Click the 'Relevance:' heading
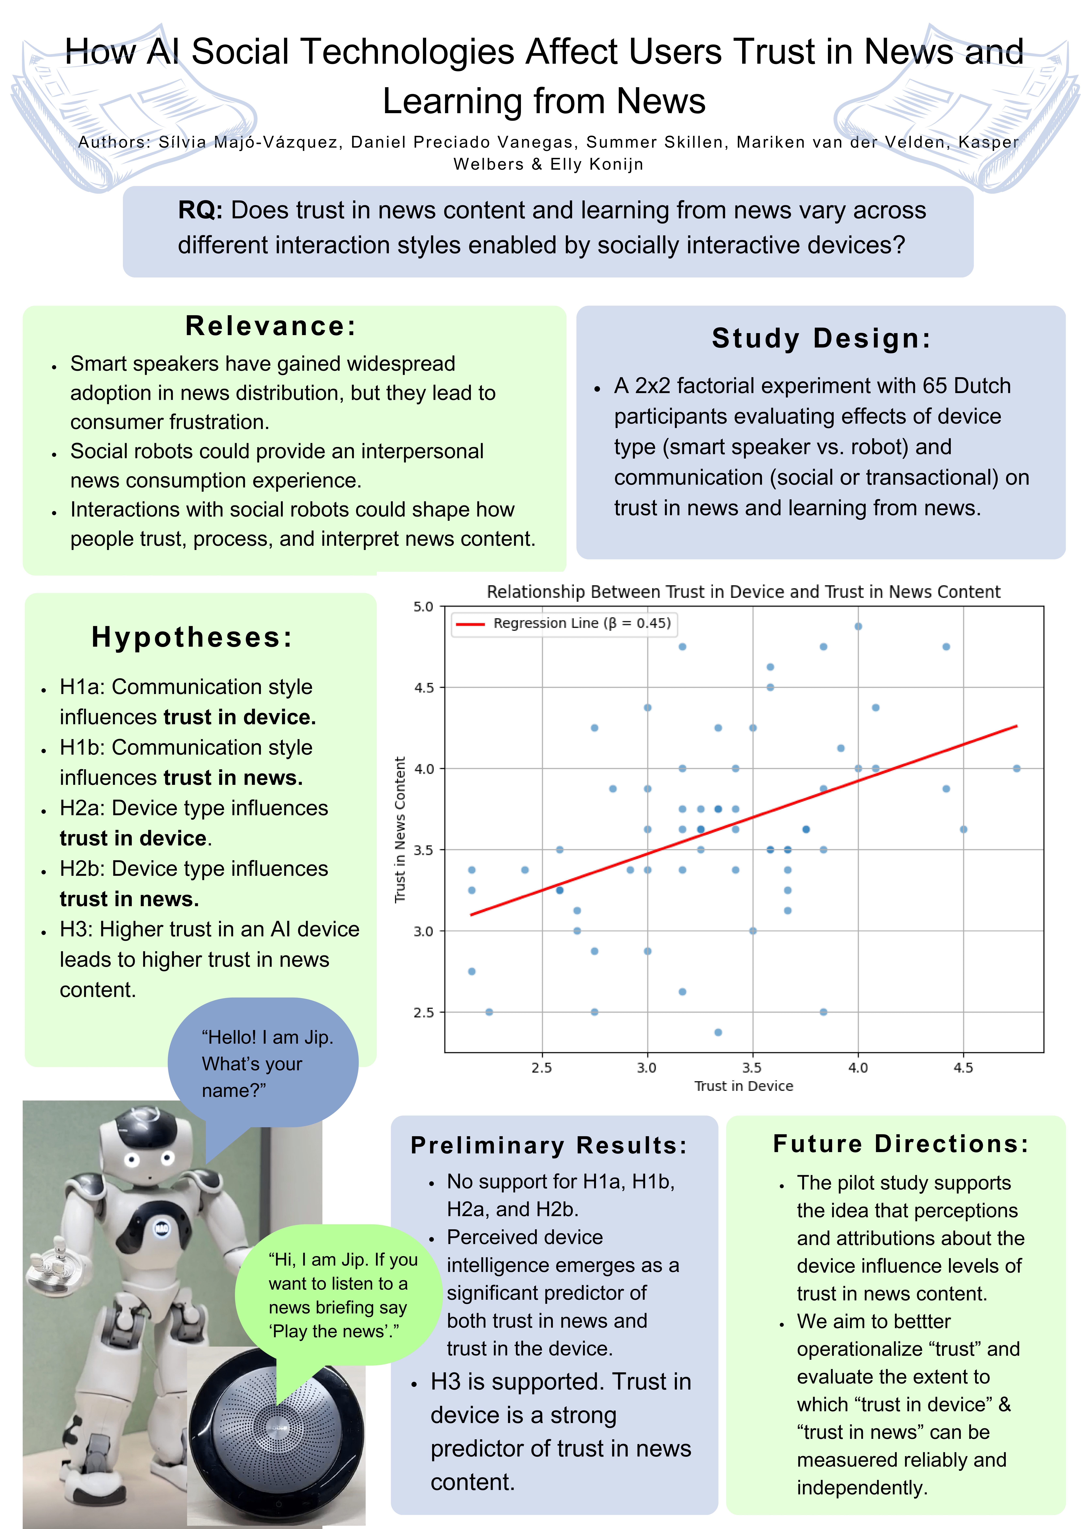[271, 326]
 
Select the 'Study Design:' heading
[821, 338]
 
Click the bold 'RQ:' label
[200, 210]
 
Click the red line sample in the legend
[470, 624]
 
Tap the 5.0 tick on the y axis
[423, 607]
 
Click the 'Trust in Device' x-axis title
[744, 1086]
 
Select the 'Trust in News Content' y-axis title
[400, 830]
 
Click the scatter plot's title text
[744, 592]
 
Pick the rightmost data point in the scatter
[1016, 769]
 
